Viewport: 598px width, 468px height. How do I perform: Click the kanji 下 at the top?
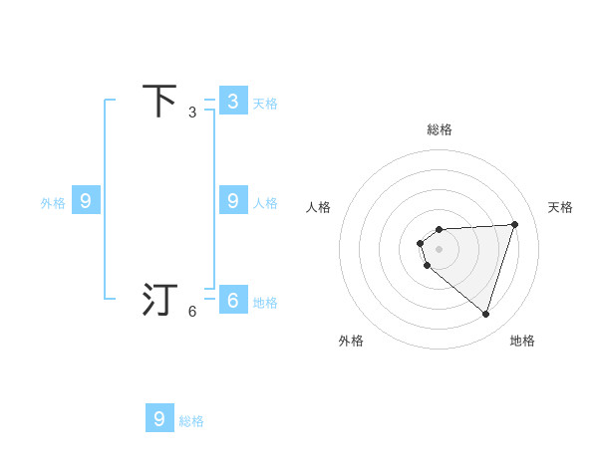(160, 101)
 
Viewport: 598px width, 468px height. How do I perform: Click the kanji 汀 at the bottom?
(160, 300)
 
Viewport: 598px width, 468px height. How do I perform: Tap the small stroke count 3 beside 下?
(192, 113)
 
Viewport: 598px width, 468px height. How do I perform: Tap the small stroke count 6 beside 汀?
(192, 312)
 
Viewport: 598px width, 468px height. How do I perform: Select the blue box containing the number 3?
(233, 101)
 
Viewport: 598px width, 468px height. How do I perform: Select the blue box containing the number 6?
(233, 300)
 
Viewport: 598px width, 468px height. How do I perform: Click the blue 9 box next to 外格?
(86, 201)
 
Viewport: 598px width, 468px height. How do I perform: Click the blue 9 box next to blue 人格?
(233, 201)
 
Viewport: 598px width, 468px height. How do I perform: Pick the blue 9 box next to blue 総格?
(159, 418)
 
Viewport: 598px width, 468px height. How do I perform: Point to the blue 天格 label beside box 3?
(265, 103)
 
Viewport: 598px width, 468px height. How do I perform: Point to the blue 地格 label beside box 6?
(265, 303)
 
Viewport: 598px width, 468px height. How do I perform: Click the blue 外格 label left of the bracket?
(53, 203)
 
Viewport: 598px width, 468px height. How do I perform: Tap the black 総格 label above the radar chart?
(440, 129)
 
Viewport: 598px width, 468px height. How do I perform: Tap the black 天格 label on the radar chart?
(561, 207)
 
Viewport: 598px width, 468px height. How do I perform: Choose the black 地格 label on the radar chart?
(522, 341)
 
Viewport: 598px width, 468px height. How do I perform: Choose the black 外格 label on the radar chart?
(351, 341)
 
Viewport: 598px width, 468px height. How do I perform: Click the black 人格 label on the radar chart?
(319, 207)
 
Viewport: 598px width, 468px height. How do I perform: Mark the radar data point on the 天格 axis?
(515, 224)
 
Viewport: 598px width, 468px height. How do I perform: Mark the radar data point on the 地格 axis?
(486, 315)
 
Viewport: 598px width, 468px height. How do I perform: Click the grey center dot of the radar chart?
(440, 249)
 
